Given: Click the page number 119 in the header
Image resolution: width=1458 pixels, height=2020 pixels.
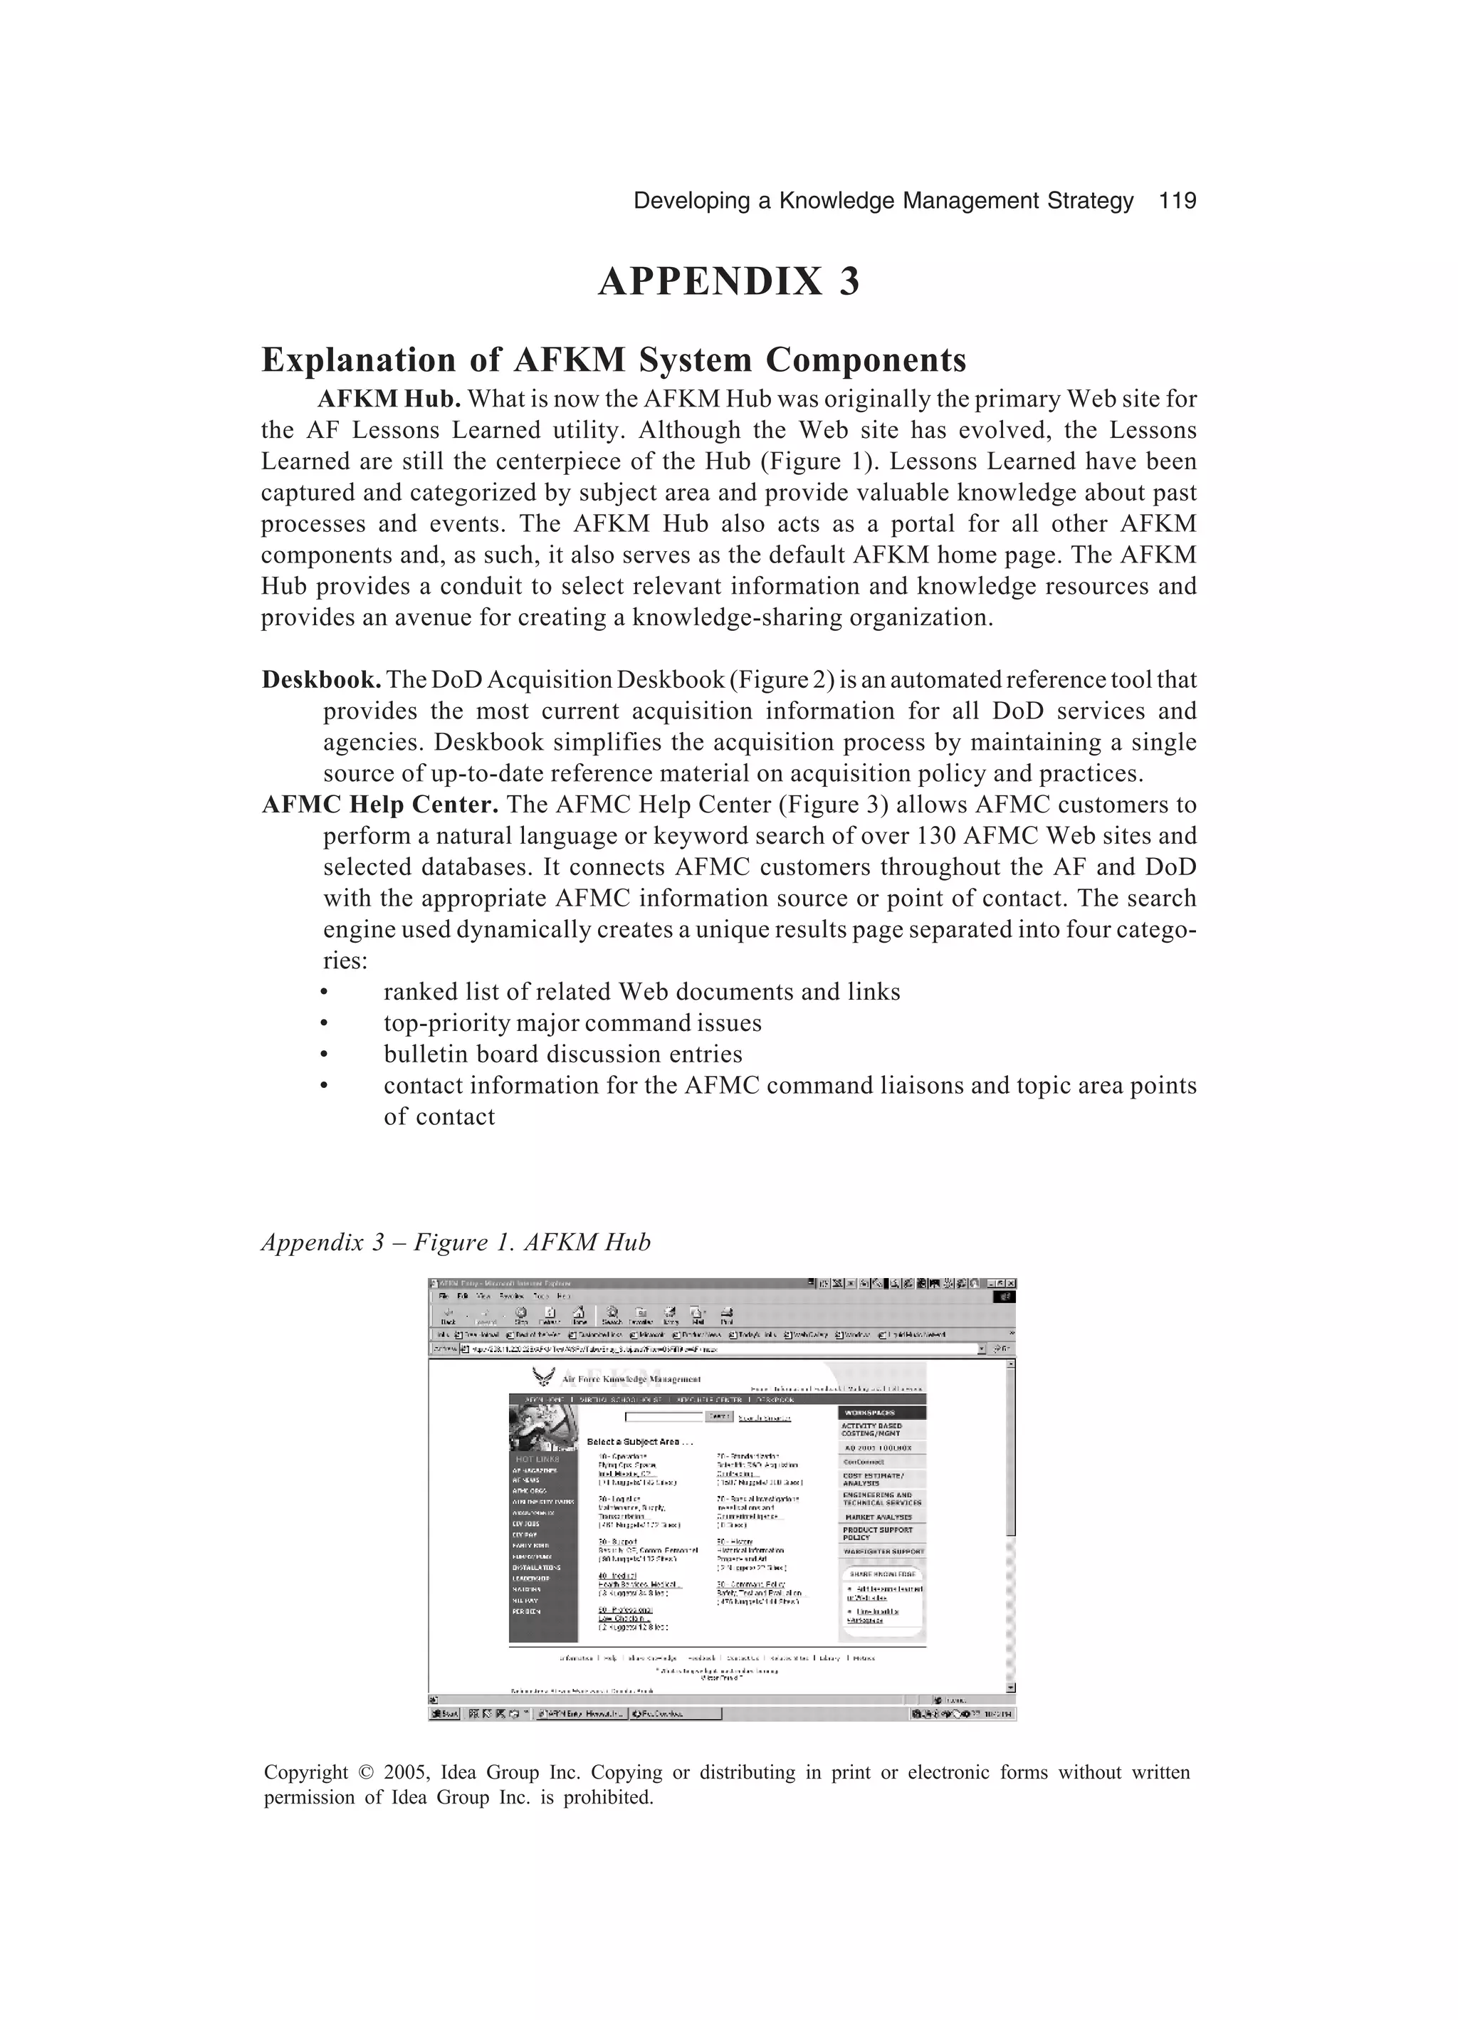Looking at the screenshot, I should (x=1177, y=202).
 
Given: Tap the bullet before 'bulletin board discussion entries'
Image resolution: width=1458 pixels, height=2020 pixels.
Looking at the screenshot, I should (x=324, y=1055).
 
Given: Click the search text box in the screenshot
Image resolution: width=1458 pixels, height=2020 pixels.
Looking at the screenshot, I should (x=664, y=1416).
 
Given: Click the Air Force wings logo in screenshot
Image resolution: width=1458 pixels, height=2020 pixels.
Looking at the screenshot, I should (x=542, y=1378).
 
